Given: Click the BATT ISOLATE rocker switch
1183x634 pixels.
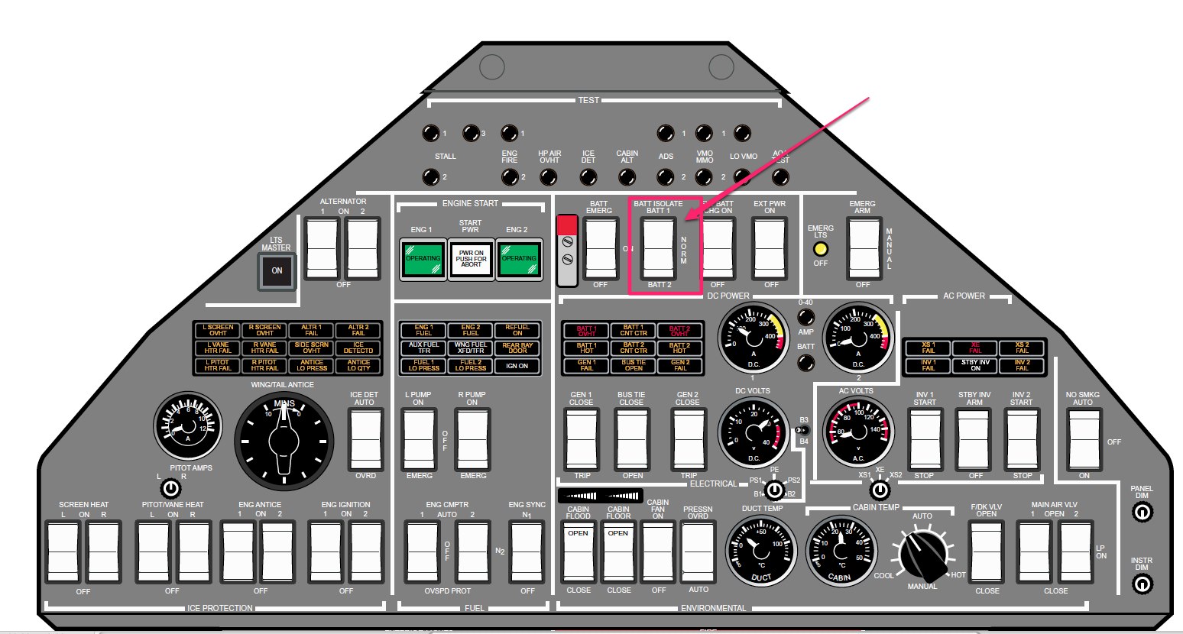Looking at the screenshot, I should click(659, 248).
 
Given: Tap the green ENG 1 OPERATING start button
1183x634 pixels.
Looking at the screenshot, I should click(423, 258).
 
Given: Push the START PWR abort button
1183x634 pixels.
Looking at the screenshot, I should click(471, 258).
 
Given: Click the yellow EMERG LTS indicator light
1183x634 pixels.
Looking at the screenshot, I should click(821, 249).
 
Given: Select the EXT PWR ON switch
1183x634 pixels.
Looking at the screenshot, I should click(770, 248).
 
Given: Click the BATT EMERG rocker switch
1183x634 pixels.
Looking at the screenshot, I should click(600, 248).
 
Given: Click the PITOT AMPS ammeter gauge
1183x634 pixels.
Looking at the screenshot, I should click(188, 427).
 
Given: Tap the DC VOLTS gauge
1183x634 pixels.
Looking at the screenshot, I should click(753, 432).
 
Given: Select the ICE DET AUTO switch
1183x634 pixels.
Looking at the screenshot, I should click(366, 438).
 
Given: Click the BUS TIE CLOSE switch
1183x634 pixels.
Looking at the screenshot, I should click(632, 438).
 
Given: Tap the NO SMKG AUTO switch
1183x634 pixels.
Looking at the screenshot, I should click(1084, 439).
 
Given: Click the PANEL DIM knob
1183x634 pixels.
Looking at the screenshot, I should click(1141, 513).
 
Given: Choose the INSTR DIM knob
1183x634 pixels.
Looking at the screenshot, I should click(1141, 584).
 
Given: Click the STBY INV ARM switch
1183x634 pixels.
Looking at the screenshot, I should click(974, 438).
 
